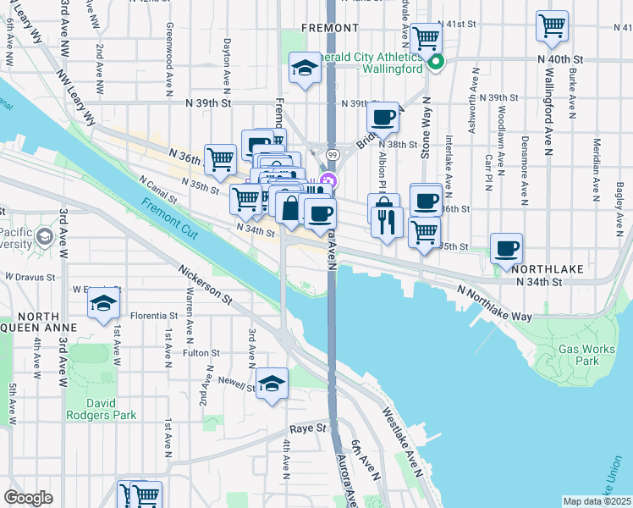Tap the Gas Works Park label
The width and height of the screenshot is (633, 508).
[x=580, y=354]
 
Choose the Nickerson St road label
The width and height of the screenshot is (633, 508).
[x=205, y=286]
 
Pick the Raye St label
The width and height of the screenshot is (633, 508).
[x=308, y=428]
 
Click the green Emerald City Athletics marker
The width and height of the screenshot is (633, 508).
[x=436, y=62]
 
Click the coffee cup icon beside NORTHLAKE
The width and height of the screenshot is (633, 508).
[x=507, y=247]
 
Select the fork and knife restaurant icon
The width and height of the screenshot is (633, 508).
[x=385, y=222]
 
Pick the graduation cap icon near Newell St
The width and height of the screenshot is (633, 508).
[x=272, y=383]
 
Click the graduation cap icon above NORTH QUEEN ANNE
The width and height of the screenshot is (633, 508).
[x=103, y=302]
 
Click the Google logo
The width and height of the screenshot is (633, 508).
[x=28, y=498]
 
